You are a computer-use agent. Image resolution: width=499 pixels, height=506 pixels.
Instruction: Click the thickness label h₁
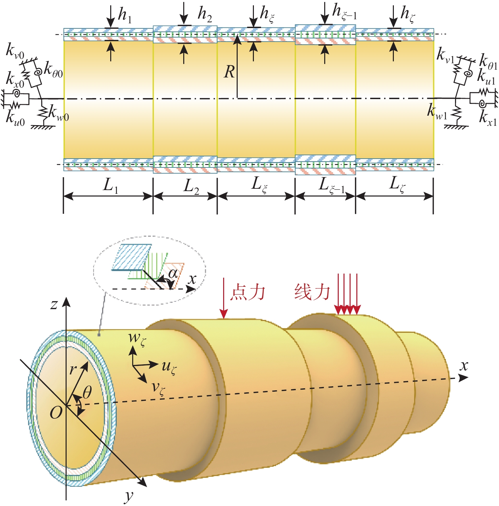click(124, 16)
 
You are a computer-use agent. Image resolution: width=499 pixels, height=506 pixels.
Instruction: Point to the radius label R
click(229, 72)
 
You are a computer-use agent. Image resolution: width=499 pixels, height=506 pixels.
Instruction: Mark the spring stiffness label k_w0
click(58, 113)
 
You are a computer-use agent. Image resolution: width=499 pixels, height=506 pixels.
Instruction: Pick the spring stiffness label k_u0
click(15, 118)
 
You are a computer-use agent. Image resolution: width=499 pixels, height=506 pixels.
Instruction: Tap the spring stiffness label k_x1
click(488, 118)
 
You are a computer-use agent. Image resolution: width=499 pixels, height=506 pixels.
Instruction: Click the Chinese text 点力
click(247, 292)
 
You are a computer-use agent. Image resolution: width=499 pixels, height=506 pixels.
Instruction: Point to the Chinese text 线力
click(312, 292)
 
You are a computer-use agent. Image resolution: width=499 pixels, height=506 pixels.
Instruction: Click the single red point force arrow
click(223, 298)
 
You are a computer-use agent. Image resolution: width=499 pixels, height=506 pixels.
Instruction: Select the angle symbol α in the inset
click(173, 273)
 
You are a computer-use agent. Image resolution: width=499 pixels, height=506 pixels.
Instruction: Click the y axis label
click(129, 496)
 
